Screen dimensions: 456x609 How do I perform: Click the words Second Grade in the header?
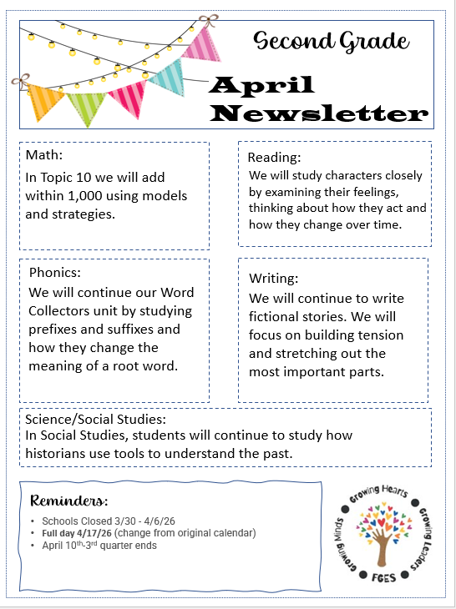[x=332, y=40]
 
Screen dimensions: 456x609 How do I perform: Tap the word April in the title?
[x=261, y=86]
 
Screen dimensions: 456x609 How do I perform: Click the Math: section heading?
[x=44, y=156]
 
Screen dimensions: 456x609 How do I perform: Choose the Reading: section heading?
[x=274, y=157]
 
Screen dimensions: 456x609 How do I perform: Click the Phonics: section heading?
[x=55, y=273]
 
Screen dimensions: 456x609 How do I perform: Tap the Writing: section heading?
[x=273, y=279]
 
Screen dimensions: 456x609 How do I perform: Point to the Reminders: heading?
[x=68, y=501]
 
